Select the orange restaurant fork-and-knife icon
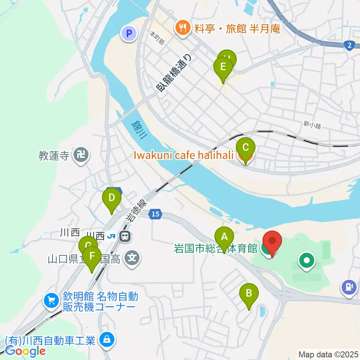tap(183, 27)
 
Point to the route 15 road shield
tap(156, 214)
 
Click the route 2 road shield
tap(349, 45)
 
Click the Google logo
tap(25, 351)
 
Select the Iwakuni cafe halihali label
tap(184, 155)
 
